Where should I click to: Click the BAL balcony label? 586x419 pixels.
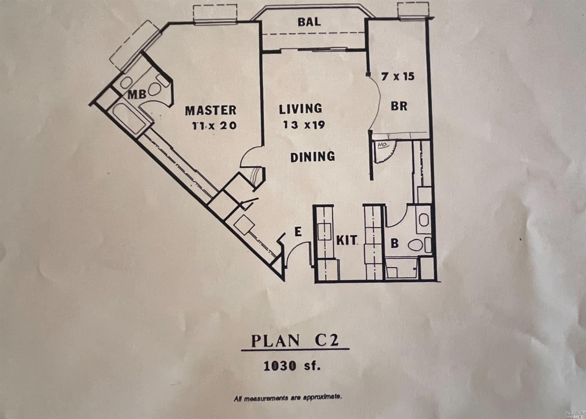point(309,22)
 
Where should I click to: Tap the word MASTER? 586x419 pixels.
point(211,110)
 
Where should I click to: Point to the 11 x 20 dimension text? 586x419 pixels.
point(214,126)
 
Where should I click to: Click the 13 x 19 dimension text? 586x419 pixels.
point(304,125)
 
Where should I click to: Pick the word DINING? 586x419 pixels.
point(313,157)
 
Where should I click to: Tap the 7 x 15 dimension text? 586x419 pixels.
point(398,77)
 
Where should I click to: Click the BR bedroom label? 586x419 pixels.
point(399,106)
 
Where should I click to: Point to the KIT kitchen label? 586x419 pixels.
point(347,240)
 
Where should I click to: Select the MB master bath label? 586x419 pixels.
point(137,95)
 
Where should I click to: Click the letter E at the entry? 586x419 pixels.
point(298,232)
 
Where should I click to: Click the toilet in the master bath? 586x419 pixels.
point(155,89)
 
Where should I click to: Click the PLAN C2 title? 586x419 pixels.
point(295,340)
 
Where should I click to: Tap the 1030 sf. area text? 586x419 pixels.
point(292,365)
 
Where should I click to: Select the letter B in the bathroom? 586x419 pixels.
point(395,244)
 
